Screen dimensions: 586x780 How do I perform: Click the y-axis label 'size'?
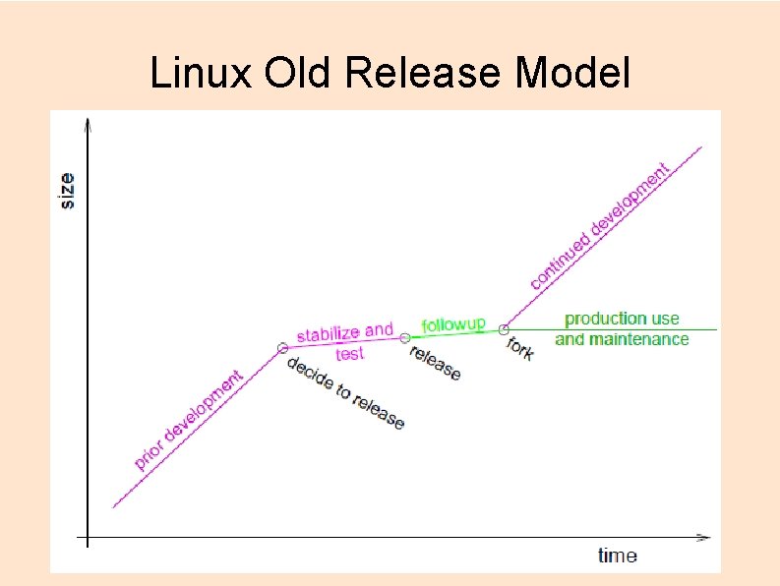coord(67,191)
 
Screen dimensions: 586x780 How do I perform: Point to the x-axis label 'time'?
coord(618,556)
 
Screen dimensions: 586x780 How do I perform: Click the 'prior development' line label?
coord(189,419)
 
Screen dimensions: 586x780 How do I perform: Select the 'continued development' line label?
coord(600,226)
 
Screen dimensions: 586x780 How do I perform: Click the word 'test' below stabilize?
coord(349,354)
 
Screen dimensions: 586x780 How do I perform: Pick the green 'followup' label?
coord(453,323)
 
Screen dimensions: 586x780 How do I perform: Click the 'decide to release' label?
coord(345,392)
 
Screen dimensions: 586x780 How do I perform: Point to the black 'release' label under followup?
coord(435,363)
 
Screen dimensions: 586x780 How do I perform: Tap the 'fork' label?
coord(520,347)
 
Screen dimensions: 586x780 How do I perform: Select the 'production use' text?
coord(622,319)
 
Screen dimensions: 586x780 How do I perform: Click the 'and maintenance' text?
coord(622,339)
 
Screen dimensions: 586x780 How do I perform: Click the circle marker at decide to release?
coord(283,347)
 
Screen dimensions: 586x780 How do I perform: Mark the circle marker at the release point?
coord(405,338)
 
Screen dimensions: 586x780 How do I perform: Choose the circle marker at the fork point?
coord(505,329)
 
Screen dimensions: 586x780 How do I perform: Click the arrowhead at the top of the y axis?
coord(89,124)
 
